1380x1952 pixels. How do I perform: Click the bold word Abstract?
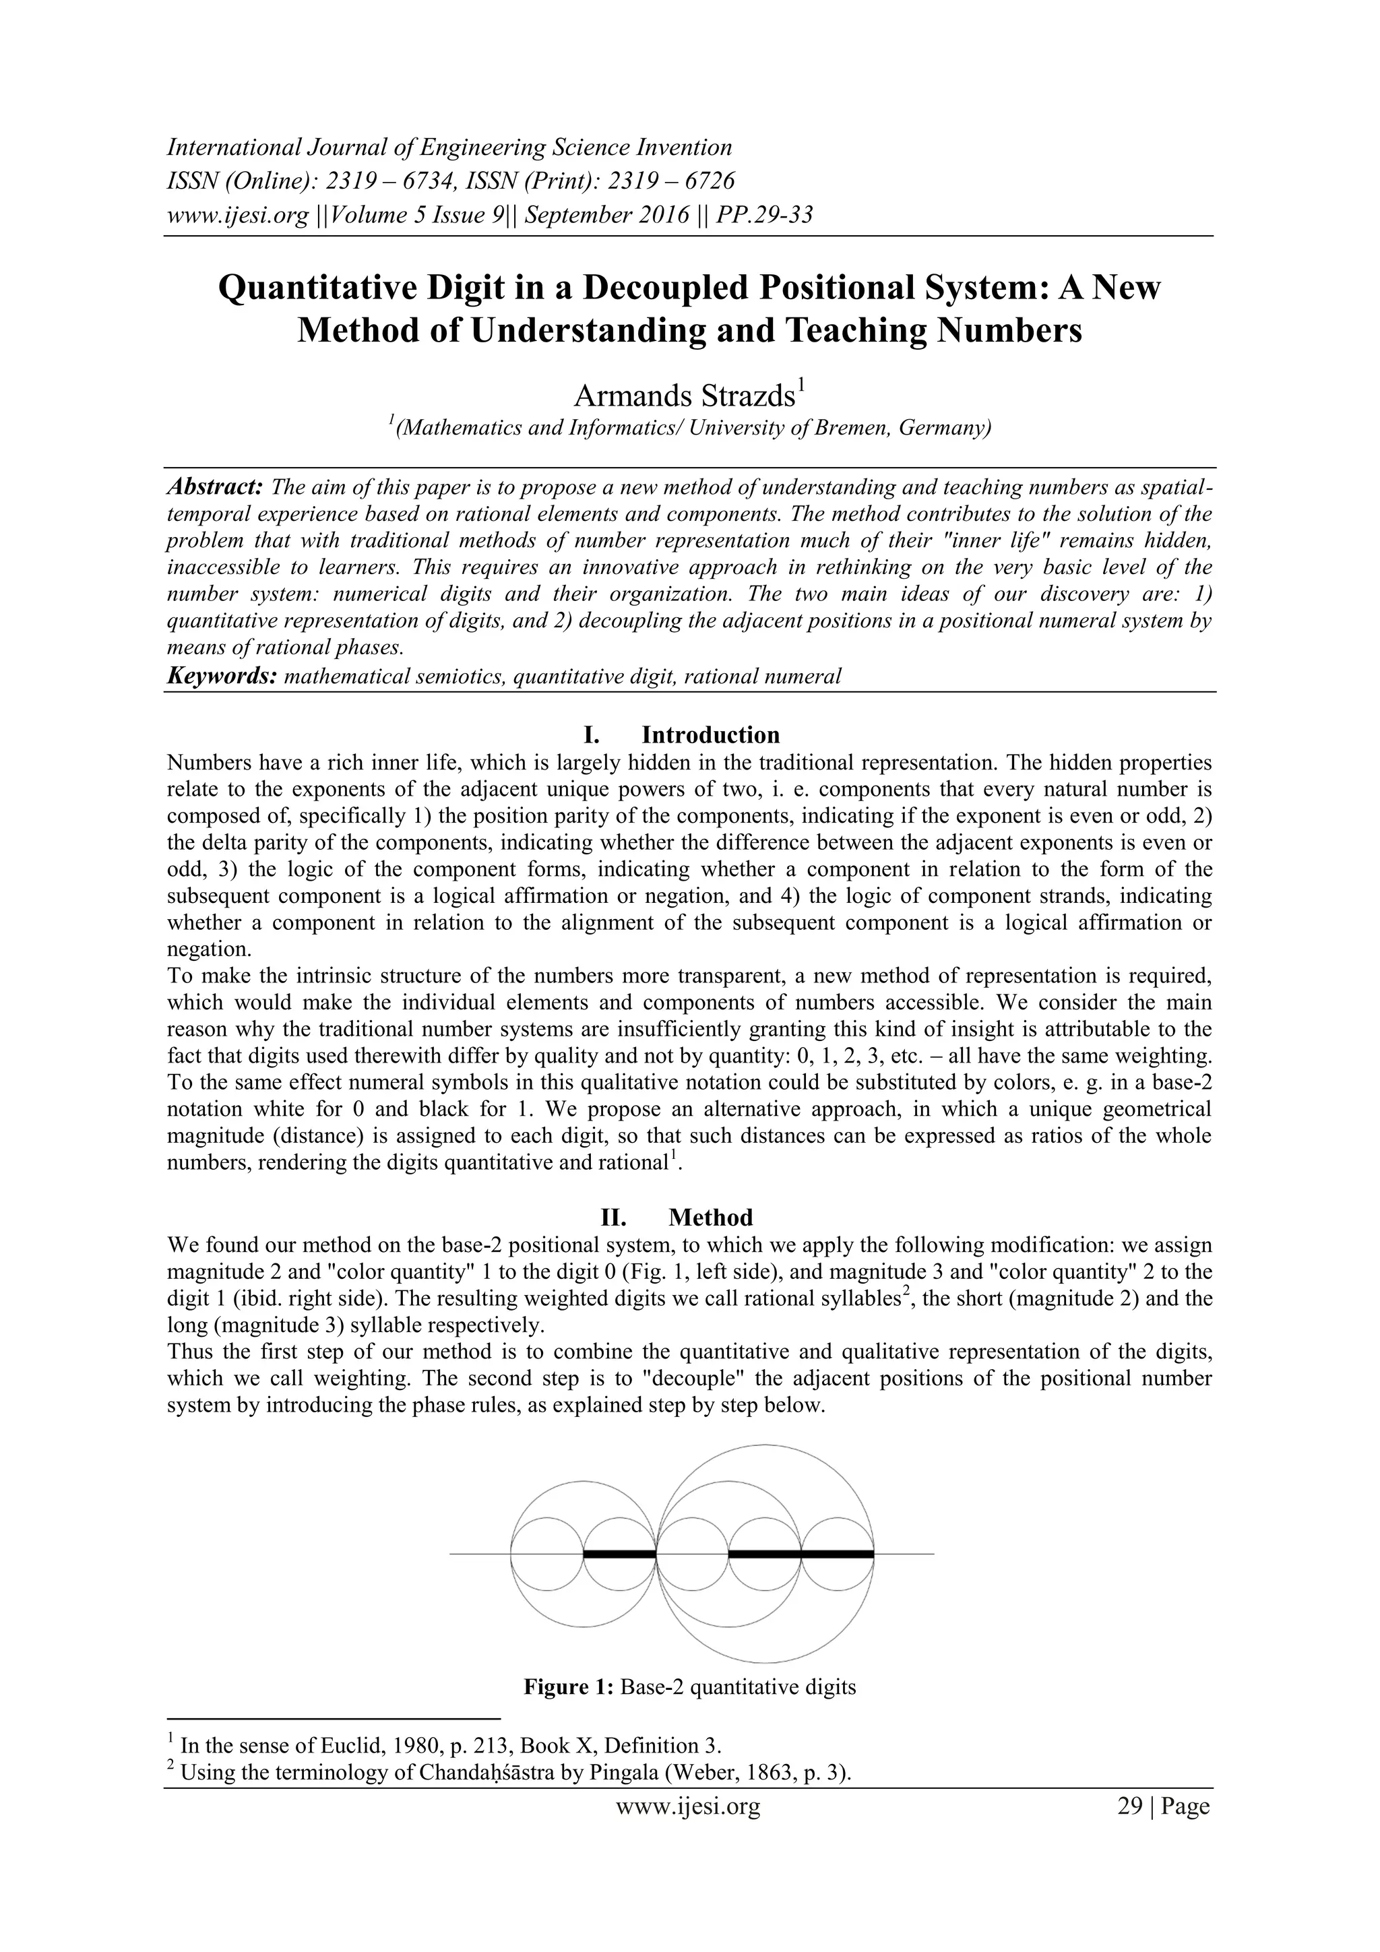tap(214, 487)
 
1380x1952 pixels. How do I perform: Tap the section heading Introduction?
tap(710, 734)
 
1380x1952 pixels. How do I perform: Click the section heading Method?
tap(710, 1218)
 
